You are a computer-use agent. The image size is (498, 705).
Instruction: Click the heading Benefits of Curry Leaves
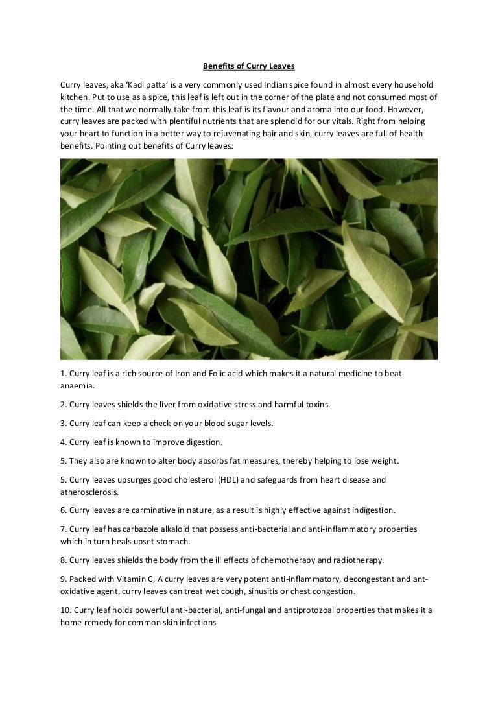[249, 66]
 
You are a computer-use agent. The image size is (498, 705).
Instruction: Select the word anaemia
[77, 385]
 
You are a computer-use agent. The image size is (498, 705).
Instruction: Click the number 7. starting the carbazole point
[64, 529]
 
